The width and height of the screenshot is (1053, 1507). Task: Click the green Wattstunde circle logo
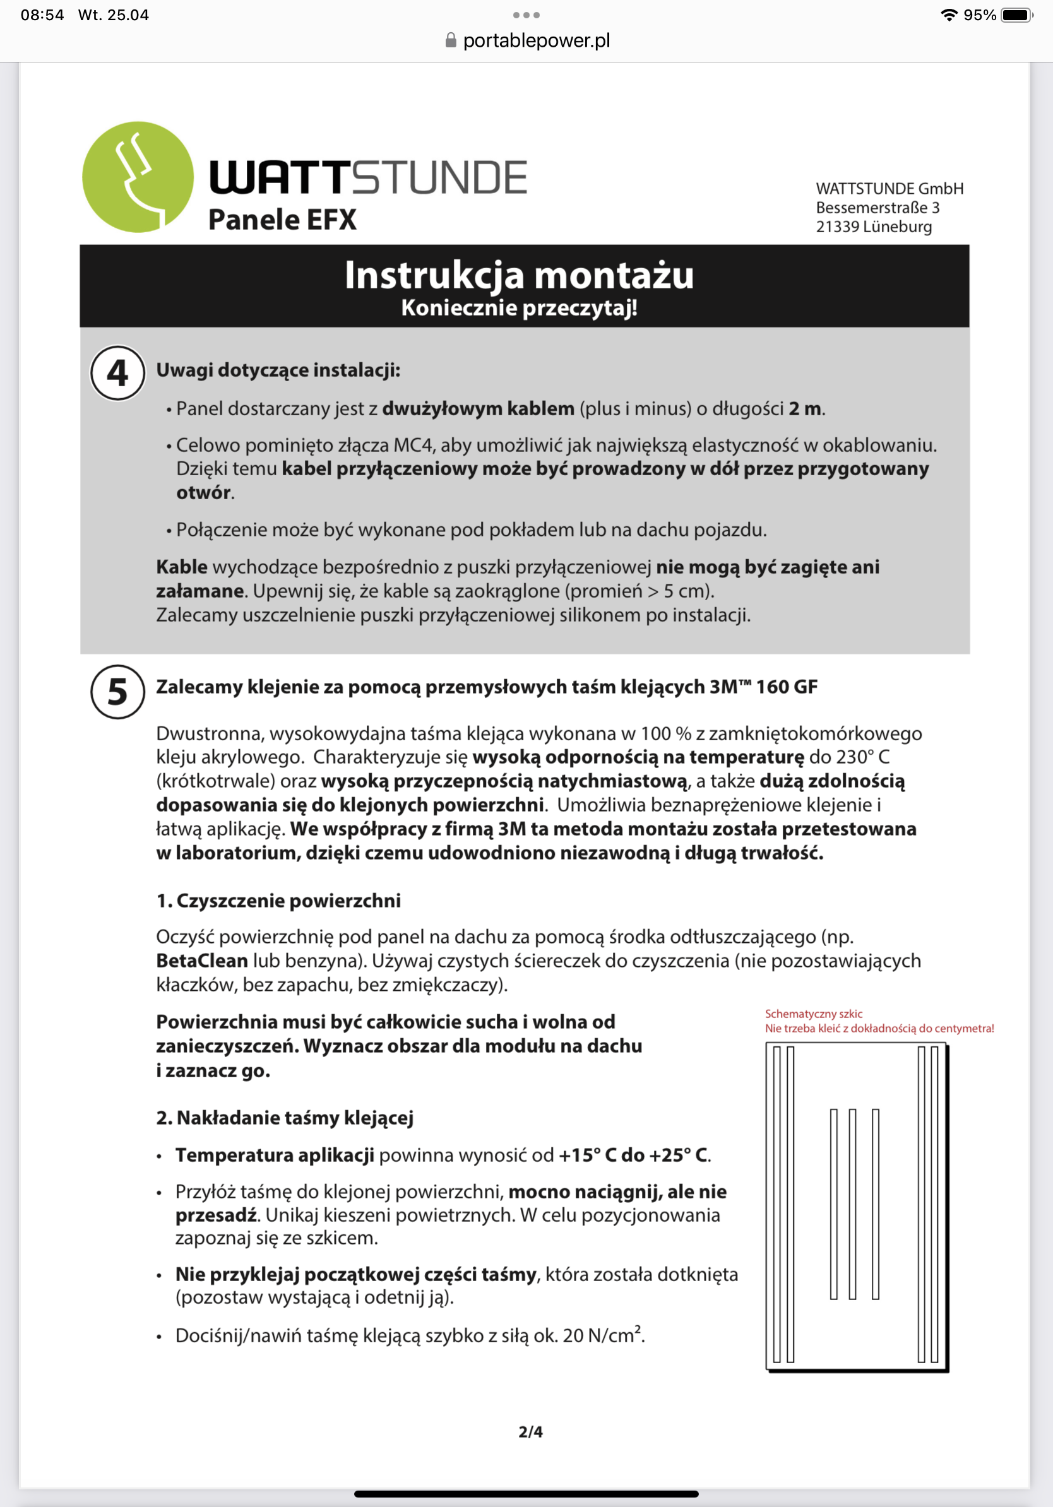pos(138,177)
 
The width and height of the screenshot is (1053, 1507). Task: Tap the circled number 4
pos(117,374)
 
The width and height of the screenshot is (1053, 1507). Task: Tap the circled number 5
pos(117,692)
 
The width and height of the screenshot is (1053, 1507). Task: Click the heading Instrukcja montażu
pos(519,275)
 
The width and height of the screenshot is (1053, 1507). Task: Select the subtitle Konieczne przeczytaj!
pos(519,308)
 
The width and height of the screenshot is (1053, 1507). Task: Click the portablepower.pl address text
pos(537,40)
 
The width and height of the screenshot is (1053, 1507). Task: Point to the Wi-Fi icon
pos(949,15)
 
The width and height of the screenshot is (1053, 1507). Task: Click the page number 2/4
pos(530,1431)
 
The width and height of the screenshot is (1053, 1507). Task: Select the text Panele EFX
pos(282,220)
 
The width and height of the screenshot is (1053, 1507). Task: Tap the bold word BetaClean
pos(201,961)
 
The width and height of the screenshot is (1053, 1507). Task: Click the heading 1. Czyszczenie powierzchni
pos(278,901)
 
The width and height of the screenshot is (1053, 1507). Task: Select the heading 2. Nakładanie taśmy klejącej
pos(285,1118)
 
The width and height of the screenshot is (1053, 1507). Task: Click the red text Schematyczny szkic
pos(813,1014)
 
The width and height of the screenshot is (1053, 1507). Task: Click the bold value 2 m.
pos(805,409)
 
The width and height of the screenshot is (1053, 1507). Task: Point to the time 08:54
pos(42,15)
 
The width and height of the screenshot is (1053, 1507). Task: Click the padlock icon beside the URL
pos(450,40)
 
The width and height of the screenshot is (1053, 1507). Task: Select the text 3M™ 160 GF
pos(763,687)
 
